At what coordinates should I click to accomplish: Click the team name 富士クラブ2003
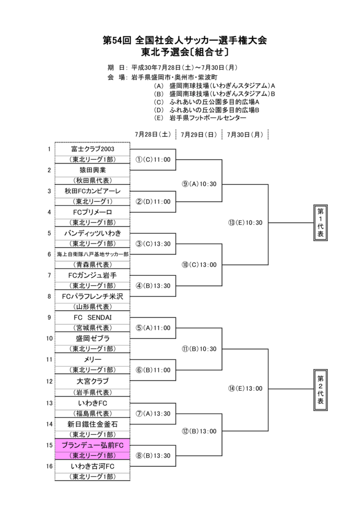click(92, 149)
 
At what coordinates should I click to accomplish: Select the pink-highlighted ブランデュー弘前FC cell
click(92, 445)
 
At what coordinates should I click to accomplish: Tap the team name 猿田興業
click(92, 170)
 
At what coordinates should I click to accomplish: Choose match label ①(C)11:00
click(153, 160)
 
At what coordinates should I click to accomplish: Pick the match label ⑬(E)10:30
click(245, 223)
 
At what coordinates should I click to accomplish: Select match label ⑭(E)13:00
click(245, 389)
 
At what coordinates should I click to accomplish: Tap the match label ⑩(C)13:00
click(199, 265)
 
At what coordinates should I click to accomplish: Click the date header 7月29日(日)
click(198, 134)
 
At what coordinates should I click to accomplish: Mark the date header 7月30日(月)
click(244, 134)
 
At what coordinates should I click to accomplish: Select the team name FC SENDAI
click(92, 317)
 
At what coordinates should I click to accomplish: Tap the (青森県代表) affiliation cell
click(92, 264)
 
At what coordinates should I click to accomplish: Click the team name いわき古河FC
click(92, 466)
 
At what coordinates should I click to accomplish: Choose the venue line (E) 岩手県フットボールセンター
click(200, 118)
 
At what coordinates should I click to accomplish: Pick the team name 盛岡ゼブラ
click(92, 339)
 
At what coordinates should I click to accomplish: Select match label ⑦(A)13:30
click(153, 414)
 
